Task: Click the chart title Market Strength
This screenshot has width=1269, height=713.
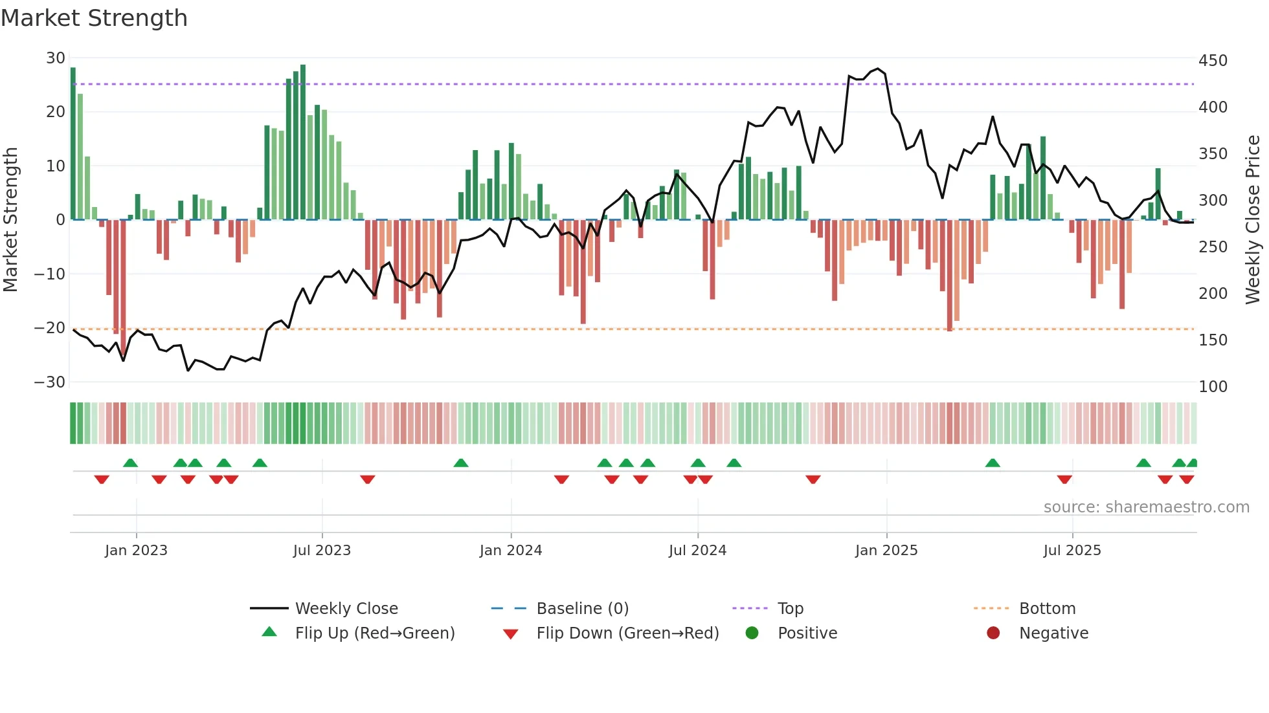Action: pyautogui.click(x=94, y=18)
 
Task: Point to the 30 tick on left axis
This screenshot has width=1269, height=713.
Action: pyautogui.click(x=56, y=58)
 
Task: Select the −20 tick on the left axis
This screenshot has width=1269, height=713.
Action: pyautogui.click(x=50, y=328)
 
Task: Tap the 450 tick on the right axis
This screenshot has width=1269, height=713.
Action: pyautogui.click(x=1213, y=61)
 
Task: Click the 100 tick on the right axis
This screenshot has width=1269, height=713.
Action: pyautogui.click(x=1213, y=387)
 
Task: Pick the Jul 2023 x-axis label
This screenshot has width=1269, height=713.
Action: pyautogui.click(x=322, y=551)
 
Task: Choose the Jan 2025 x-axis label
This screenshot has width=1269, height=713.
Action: pyautogui.click(x=886, y=551)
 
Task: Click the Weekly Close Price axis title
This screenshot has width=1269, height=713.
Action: pyautogui.click(x=1253, y=220)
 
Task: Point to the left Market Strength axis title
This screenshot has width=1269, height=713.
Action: pyautogui.click(x=10, y=220)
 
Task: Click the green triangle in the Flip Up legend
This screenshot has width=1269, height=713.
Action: pyautogui.click(x=269, y=632)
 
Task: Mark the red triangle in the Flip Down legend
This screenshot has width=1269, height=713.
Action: pyautogui.click(x=510, y=634)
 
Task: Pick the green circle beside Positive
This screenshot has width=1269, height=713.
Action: pyautogui.click(x=752, y=633)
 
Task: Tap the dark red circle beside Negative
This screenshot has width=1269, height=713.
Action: pyautogui.click(x=993, y=633)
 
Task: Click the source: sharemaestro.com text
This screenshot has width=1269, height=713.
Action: pyautogui.click(x=1146, y=507)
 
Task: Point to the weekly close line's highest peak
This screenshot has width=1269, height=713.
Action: pyautogui.click(x=878, y=69)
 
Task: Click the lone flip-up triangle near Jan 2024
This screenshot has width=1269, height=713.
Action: pyautogui.click(x=461, y=463)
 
